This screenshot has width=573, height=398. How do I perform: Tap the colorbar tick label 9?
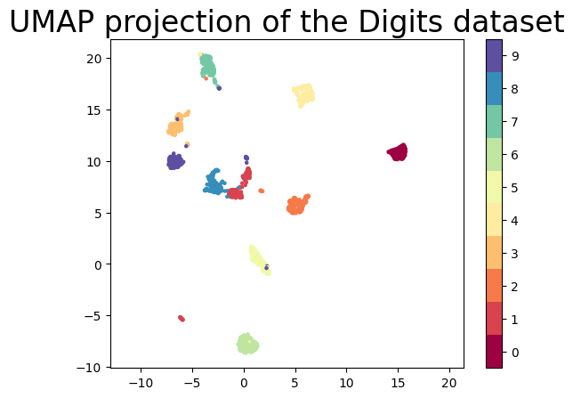[x=515, y=55]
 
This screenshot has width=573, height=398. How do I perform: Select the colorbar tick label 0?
[x=515, y=352]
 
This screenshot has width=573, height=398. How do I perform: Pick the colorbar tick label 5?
[x=515, y=187]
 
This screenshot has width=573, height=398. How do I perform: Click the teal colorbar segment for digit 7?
[x=494, y=121]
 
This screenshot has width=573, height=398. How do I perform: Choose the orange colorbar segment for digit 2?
[x=494, y=286]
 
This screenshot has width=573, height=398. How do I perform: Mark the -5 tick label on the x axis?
[x=190, y=384]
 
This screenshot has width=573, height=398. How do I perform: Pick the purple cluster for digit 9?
[x=175, y=161]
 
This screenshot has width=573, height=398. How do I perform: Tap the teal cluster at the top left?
[x=207, y=66]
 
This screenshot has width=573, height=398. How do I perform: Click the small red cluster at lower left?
[x=182, y=318]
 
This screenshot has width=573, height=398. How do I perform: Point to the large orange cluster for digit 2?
[x=297, y=205]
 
